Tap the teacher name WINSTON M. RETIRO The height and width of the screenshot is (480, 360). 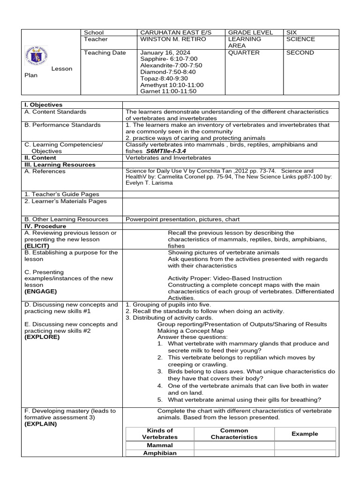pyautogui.click(x=173, y=39)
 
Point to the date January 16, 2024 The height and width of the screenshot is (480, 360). pyautogui.click(x=165, y=52)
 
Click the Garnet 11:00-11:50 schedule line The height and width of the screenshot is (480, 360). pyautogui.click(x=168, y=91)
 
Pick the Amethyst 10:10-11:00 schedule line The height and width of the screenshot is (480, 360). pyautogui.click(x=172, y=85)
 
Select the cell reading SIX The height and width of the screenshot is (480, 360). pyautogui.click(x=292, y=32)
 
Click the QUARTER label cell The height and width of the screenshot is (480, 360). pyautogui.click(x=243, y=52)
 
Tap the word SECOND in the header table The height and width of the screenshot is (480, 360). pyautogui.click(x=300, y=52)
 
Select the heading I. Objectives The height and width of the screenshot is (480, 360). pyautogui.click(x=43, y=105)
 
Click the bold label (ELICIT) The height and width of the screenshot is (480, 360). pyautogui.click(x=37, y=246)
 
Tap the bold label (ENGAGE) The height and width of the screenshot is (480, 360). pyautogui.click(x=40, y=291)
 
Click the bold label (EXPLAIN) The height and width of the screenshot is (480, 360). pyautogui.click(x=40, y=424)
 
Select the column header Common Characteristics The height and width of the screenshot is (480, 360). pyautogui.click(x=234, y=434)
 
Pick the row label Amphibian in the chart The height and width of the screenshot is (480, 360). pyautogui.click(x=160, y=453)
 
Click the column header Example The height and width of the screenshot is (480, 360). pyautogui.click(x=305, y=434)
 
